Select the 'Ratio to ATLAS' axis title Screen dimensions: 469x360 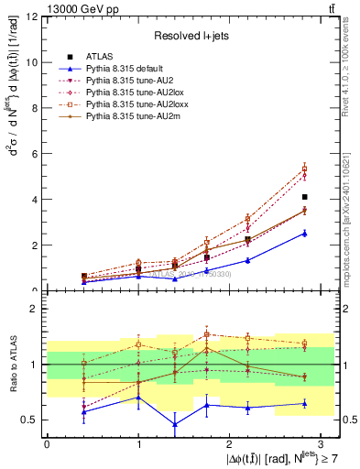coord(12,365)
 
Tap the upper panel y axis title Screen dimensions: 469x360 coord(12,153)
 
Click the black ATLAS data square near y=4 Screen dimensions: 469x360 coord(304,197)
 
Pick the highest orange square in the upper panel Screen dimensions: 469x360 coord(304,169)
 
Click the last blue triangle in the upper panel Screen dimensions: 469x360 coord(304,233)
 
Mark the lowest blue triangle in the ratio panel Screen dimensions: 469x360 coord(175,424)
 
